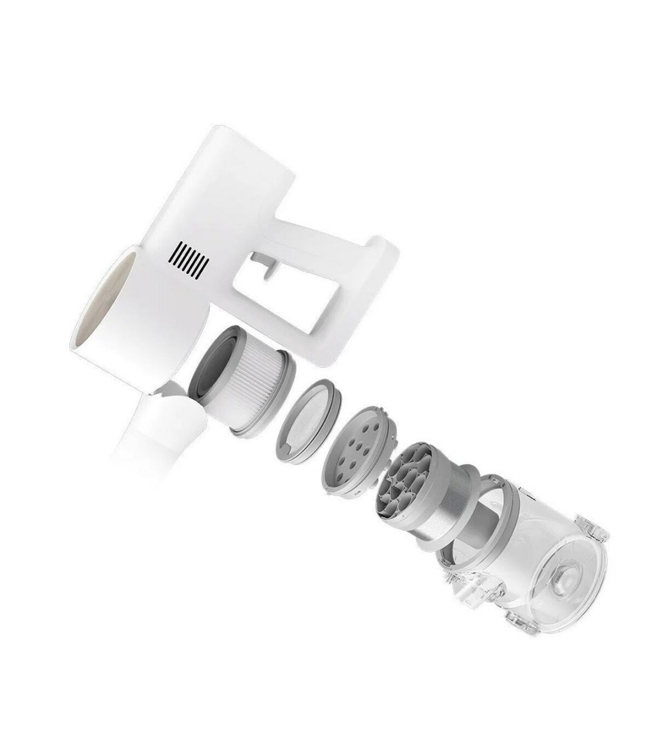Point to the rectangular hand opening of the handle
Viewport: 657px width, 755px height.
pos(292,292)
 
